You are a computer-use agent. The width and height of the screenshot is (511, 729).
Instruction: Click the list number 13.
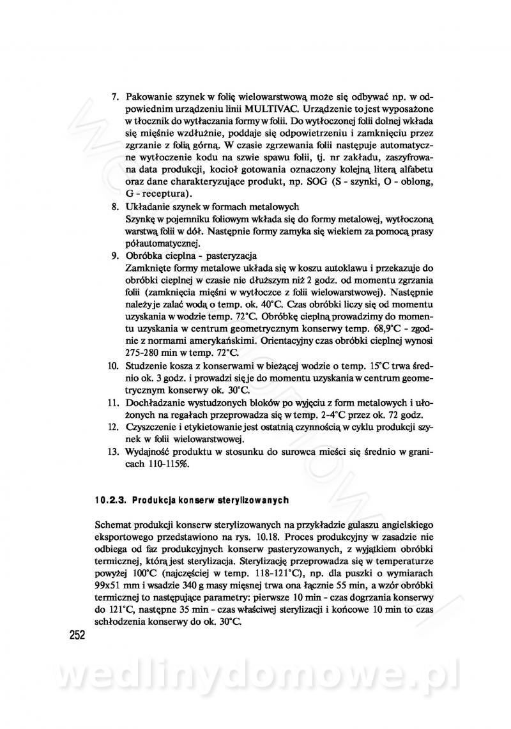(113, 452)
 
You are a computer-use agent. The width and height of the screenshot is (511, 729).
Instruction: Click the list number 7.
(116, 96)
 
